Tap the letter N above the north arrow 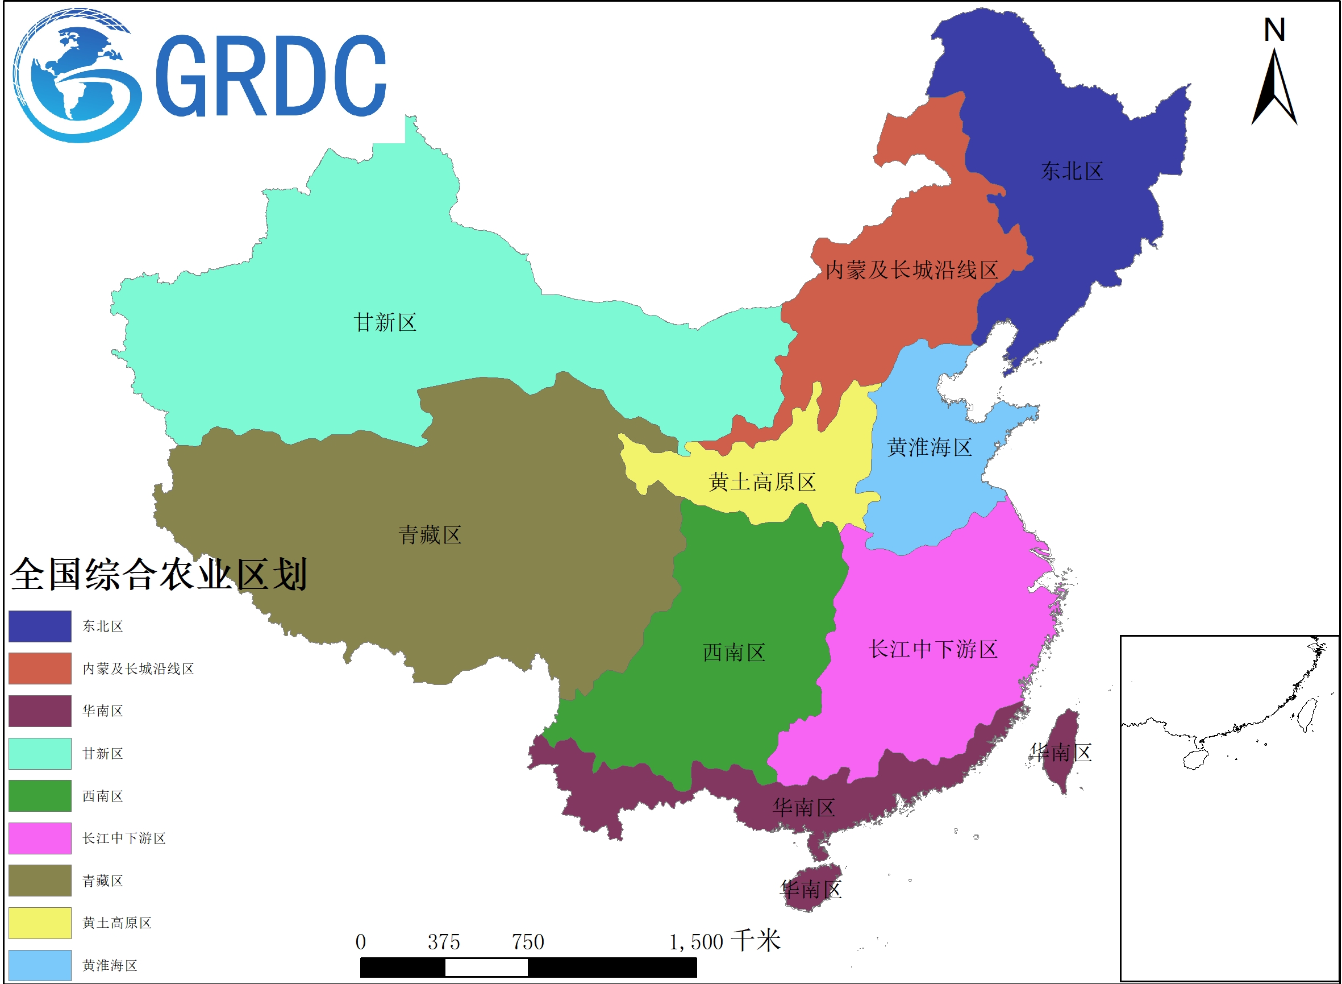click(1274, 30)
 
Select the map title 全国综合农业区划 click(159, 575)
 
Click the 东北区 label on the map click(1072, 172)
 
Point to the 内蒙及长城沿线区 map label click(911, 271)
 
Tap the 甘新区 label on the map click(385, 323)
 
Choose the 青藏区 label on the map click(430, 535)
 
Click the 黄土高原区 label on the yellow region click(762, 483)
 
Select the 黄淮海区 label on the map click(930, 448)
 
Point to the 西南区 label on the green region click(734, 653)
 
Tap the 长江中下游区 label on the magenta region click(933, 649)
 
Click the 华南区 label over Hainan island click(811, 890)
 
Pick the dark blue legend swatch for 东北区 click(40, 626)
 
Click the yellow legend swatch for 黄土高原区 click(40, 923)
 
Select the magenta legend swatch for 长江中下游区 click(40, 838)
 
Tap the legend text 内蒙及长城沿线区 click(138, 669)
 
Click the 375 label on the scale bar click(444, 943)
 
